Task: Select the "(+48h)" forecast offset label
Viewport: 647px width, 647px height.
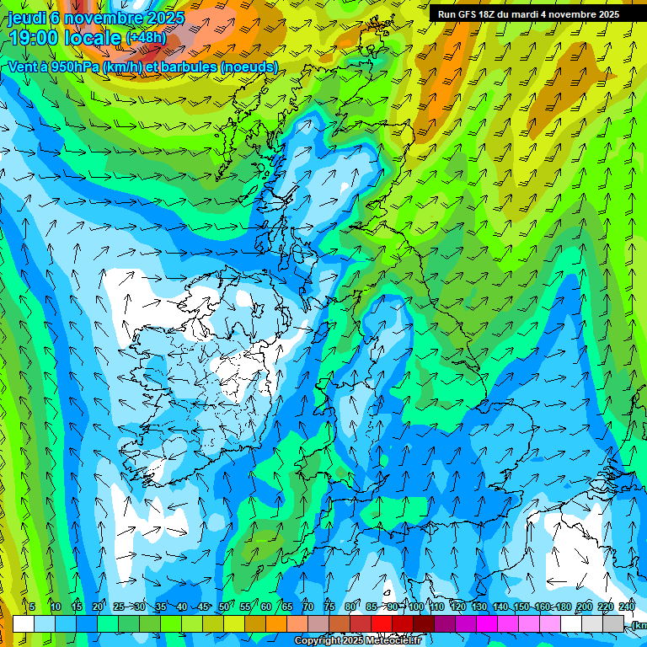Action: pyautogui.click(x=147, y=38)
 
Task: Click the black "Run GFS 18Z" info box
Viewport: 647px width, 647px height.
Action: pyautogui.click(x=528, y=14)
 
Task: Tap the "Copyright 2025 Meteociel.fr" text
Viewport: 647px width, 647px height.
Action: pyautogui.click(x=358, y=641)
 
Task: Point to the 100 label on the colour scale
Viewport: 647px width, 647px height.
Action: pyautogui.click(x=415, y=607)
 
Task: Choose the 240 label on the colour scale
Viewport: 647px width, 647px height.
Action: pyautogui.click(x=626, y=607)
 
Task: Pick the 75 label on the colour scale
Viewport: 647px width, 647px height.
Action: pyautogui.click(x=329, y=607)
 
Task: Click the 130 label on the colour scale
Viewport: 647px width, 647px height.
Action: pyautogui.click(x=479, y=607)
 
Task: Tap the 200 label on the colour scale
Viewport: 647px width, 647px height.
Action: pyautogui.click(x=584, y=607)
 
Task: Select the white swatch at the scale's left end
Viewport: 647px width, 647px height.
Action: pyautogui.click(x=24, y=623)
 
